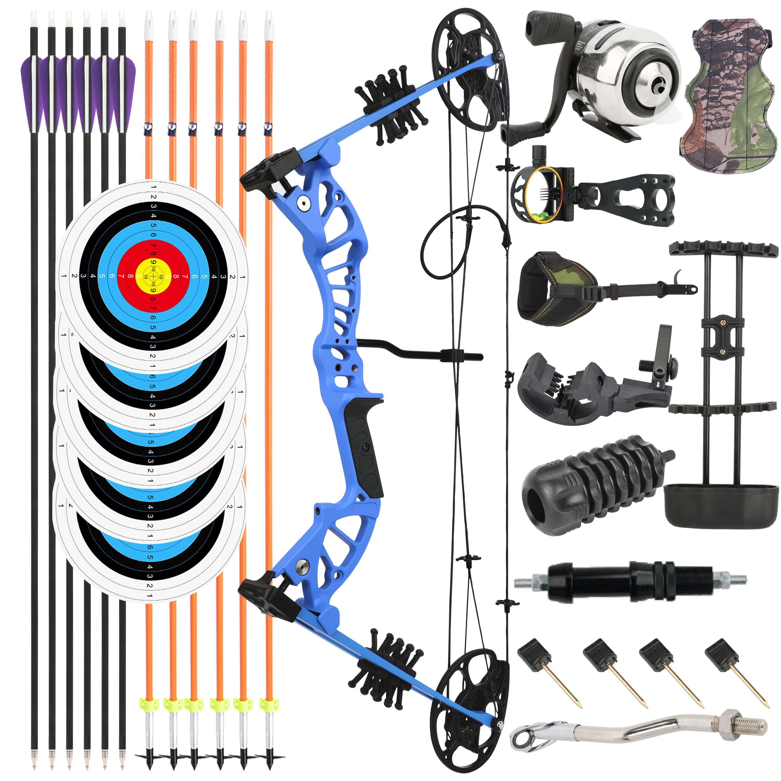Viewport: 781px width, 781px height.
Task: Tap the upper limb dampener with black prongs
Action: [x=390, y=107]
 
